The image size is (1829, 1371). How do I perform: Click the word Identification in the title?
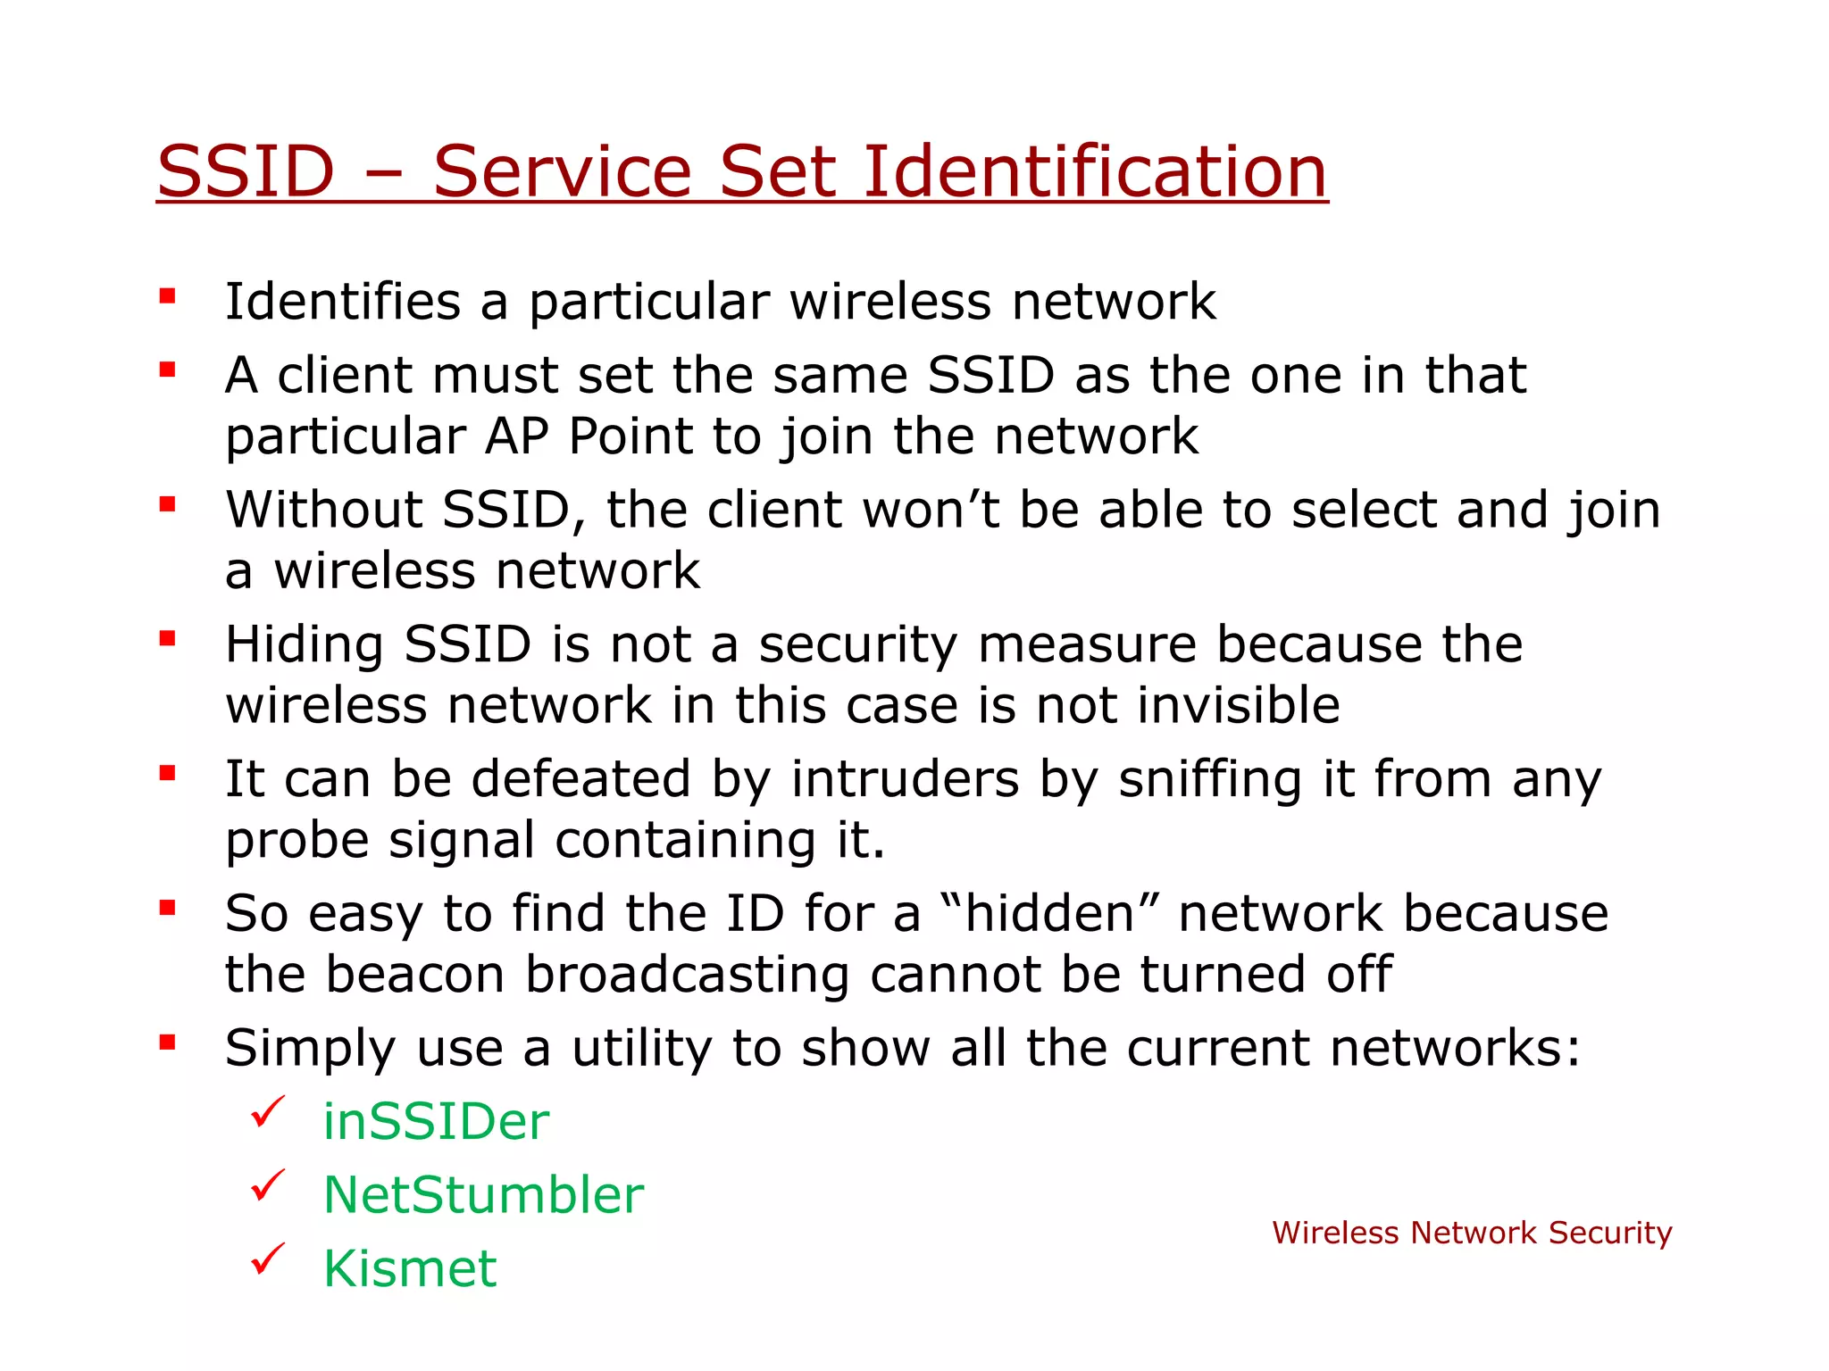1095,171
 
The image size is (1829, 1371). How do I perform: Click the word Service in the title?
563,171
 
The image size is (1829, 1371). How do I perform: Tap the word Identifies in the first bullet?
343,302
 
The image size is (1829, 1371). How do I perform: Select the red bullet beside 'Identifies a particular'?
167,296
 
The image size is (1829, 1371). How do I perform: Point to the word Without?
324,510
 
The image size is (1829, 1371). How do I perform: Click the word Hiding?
305,644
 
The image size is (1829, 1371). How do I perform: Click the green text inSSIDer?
436,1121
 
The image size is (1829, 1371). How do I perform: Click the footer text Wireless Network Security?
1472,1233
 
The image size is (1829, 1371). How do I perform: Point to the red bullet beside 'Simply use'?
167,1042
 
